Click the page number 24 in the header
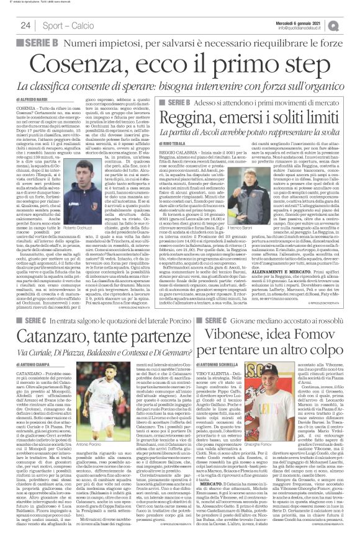[x=25, y=25]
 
